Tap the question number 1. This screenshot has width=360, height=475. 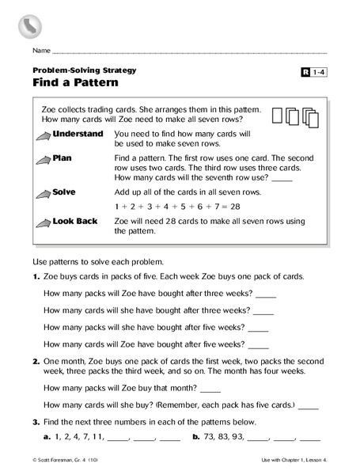pos(36,276)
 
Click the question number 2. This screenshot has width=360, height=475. pos(36,359)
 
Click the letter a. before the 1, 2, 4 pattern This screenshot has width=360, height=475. pos(47,437)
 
